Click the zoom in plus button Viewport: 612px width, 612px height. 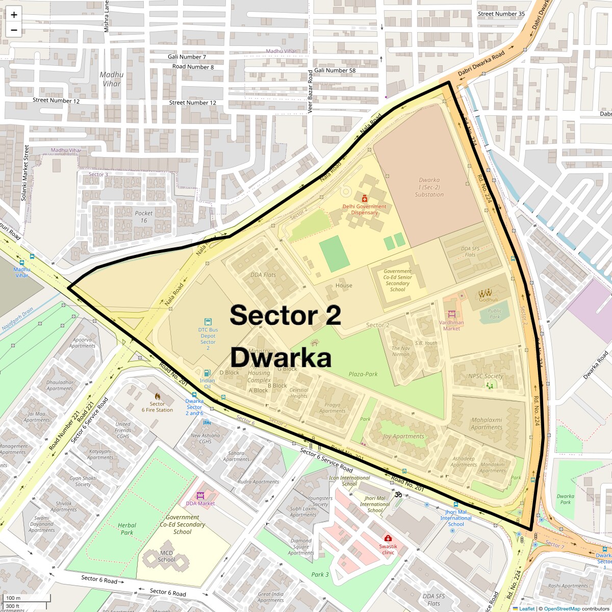pos(14,15)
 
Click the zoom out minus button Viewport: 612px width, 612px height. pos(14,30)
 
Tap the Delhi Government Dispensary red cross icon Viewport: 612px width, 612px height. pos(364,198)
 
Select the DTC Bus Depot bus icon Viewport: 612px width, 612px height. pos(208,322)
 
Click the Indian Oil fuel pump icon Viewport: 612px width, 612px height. pos(207,373)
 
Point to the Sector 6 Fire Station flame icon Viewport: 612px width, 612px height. pos(157,396)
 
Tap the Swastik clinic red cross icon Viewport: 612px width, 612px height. pos(388,539)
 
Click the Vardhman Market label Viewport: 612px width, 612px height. pos(452,325)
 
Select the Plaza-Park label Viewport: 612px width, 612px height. pos(363,374)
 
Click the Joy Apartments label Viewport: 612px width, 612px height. pos(403,436)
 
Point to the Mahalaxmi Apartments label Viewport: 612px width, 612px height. pos(487,424)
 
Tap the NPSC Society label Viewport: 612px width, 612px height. pos(486,376)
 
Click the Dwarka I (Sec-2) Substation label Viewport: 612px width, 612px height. pos(429,187)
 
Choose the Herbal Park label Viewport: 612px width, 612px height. pos(127,528)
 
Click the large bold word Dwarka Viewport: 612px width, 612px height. pos(281,358)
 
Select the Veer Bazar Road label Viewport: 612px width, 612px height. pos(310,91)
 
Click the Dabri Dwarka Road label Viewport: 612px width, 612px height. pos(481,64)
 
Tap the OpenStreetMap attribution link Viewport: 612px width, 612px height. pos(562,608)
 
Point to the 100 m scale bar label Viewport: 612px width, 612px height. pos(14,598)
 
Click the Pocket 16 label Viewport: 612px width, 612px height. pos(144,217)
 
